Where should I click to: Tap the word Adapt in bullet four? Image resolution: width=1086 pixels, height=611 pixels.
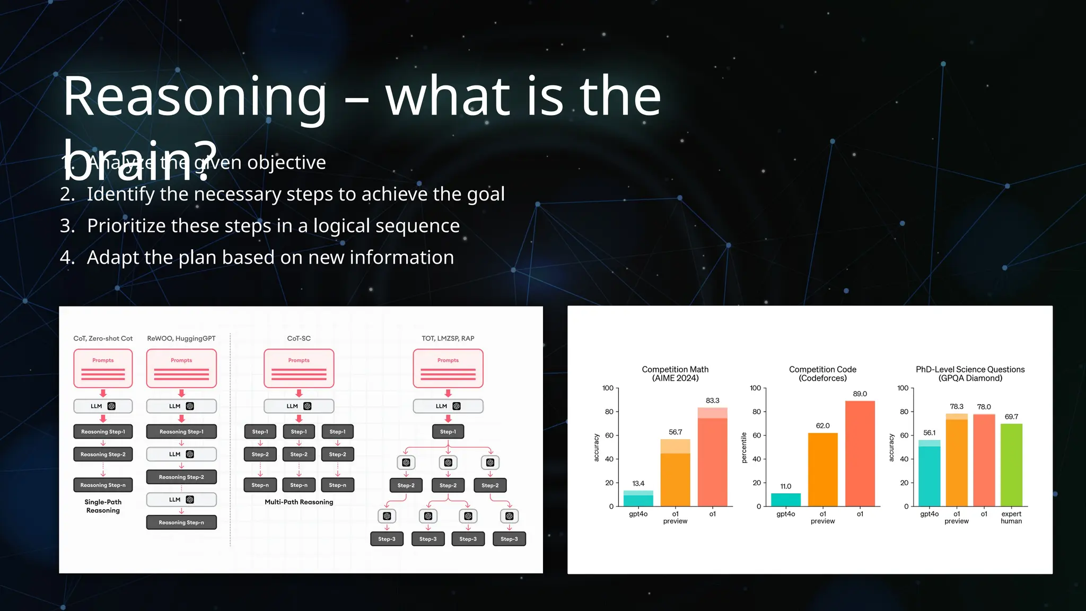[x=113, y=258]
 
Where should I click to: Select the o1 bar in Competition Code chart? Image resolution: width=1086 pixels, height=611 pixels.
[x=860, y=453]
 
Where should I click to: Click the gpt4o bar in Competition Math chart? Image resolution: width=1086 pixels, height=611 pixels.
[x=638, y=499]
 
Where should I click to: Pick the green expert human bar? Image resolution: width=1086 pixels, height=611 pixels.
[x=1011, y=465]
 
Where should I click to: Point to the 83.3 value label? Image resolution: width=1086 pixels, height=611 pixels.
[x=712, y=400]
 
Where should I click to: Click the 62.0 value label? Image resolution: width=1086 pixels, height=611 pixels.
[x=822, y=426]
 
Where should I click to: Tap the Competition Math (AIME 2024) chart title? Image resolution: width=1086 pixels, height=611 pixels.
[x=675, y=373]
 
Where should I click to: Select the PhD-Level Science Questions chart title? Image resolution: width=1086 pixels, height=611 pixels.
[x=970, y=373]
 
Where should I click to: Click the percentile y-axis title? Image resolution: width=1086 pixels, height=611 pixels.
[x=744, y=447]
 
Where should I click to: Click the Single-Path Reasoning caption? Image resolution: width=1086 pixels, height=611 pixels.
[x=103, y=506]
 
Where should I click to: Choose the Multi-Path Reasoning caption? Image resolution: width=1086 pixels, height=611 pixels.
[x=299, y=502]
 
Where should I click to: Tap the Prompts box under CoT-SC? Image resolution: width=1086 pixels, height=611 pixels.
[x=299, y=368]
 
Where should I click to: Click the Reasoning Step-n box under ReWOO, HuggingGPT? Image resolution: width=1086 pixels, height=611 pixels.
[x=181, y=522]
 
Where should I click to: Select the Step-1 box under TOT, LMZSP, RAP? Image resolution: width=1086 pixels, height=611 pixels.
[x=448, y=432]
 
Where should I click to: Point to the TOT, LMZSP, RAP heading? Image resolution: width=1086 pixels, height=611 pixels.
[x=448, y=338]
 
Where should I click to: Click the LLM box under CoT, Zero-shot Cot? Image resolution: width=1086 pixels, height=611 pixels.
[x=103, y=406]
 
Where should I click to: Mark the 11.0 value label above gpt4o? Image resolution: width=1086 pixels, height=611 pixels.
[x=785, y=486]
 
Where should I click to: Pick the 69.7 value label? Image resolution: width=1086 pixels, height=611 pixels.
[x=1011, y=417]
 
